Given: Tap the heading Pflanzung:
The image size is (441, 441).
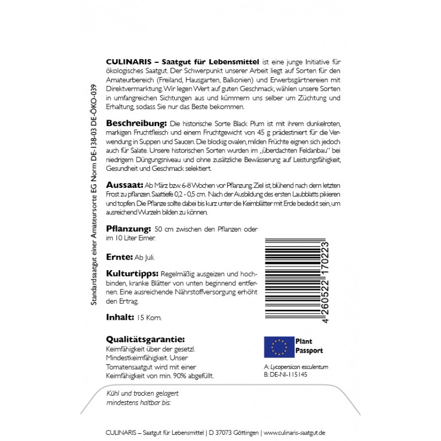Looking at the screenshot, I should [x=128, y=228].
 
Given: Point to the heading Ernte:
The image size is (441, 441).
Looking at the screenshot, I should [x=119, y=257].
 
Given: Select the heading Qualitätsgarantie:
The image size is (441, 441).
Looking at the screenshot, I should [x=144, y=339].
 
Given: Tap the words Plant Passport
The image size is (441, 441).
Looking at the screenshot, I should [x=309, y=346].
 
